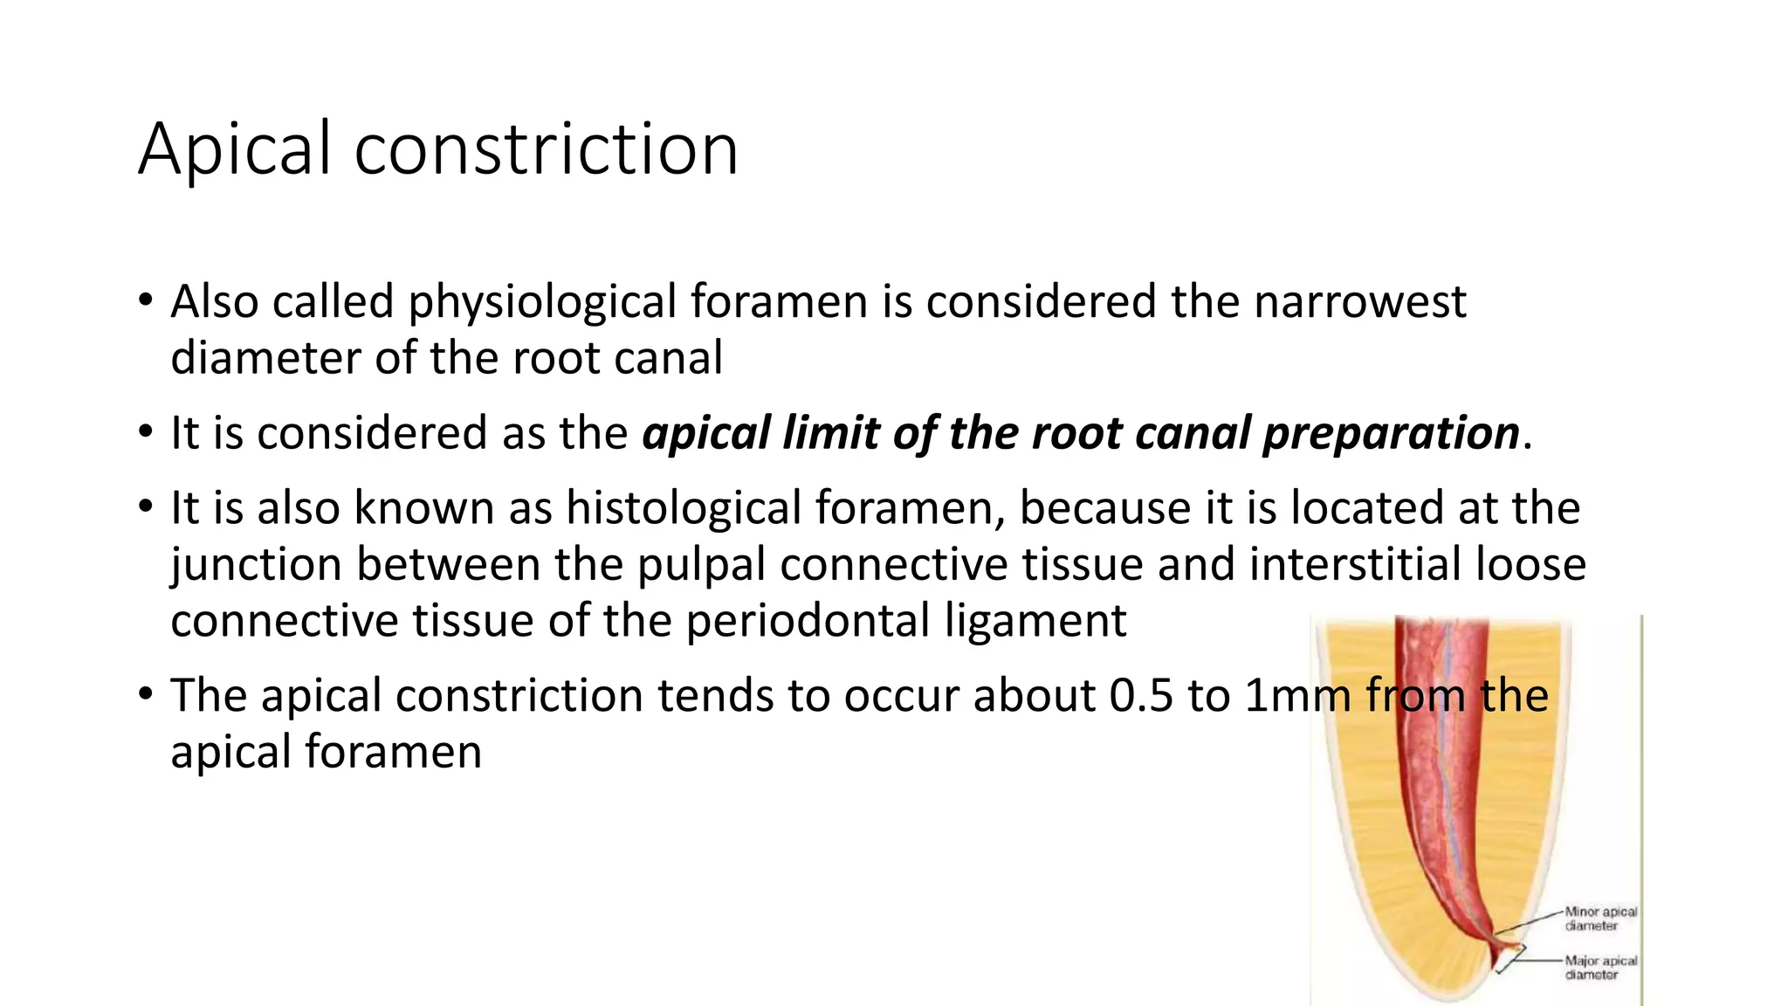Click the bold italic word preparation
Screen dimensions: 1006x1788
click(x=1391, y=434)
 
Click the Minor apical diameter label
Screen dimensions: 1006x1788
click(x=1600, y=919)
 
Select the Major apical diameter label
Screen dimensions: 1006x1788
click(x=1600, y=968)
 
